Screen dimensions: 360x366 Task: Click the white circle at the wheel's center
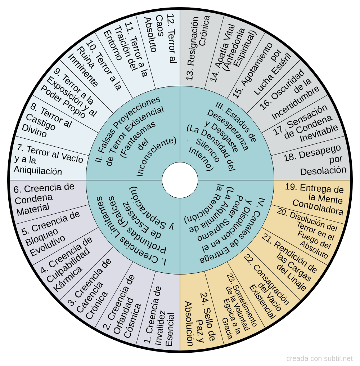pyautogui.click(x=180, y=180)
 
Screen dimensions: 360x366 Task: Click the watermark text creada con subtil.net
pyautogui.click(x=319, y=358)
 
